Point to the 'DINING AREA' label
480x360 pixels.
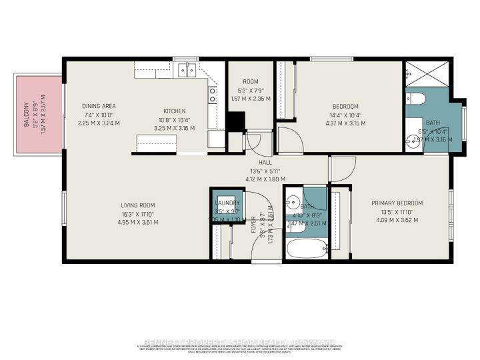pyautogui.click(x=99, y=106)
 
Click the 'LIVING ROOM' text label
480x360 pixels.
pyautogui.click(x=138, y=205)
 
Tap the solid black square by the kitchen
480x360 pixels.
pyautogui.click(x=235, y=122)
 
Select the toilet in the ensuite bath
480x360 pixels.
pyautogui.click(x=418, y=100)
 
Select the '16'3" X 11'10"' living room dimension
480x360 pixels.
pyautogui.click(x=138, y=213)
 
